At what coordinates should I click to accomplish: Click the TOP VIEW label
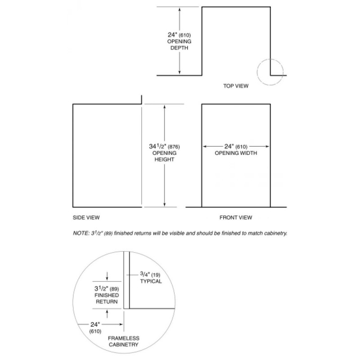[x=235, y=85]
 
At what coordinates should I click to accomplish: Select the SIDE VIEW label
[x=86, y=217]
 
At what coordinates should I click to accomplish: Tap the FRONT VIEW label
[x=236, y=217]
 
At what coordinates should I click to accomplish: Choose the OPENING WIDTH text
[x=236, y=153]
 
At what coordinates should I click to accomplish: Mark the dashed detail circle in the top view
[x=270, y=72]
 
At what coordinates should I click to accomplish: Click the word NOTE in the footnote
[x=81, y=233]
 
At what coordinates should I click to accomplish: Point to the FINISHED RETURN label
[x=106, y=298]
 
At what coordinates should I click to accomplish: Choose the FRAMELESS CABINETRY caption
[x=123, y=341]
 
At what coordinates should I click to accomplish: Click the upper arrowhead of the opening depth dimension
[x=180, y=9]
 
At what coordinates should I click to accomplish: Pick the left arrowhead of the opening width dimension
[x=204, y=146]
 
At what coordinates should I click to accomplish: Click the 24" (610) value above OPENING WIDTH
[x=236, y=146]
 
